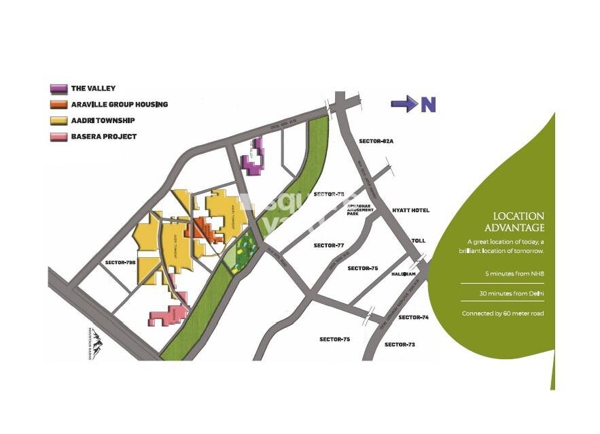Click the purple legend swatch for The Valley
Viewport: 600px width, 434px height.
click(58, 88)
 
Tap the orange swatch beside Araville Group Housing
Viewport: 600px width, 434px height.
click(58, 105)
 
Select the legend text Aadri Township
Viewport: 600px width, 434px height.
click(103, 120)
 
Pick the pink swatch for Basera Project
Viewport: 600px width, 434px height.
click(58, 137)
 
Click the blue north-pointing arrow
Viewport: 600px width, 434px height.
click(403, 104)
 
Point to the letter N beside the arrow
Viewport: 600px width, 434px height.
click(427, 105)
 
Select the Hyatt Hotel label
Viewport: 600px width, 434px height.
click(410, 210)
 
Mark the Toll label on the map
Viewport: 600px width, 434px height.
click(418, 241)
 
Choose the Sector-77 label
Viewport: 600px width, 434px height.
click(330, 245)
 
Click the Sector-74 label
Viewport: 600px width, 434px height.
click(413, 318)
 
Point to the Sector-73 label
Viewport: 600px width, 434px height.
click(400, 345)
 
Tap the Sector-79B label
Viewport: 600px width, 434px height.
click(120, 262)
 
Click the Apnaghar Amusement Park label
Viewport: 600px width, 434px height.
click(360, 211)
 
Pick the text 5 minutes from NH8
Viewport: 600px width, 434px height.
click(514, 273)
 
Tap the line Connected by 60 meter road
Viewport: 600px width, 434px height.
click(502, 314)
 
